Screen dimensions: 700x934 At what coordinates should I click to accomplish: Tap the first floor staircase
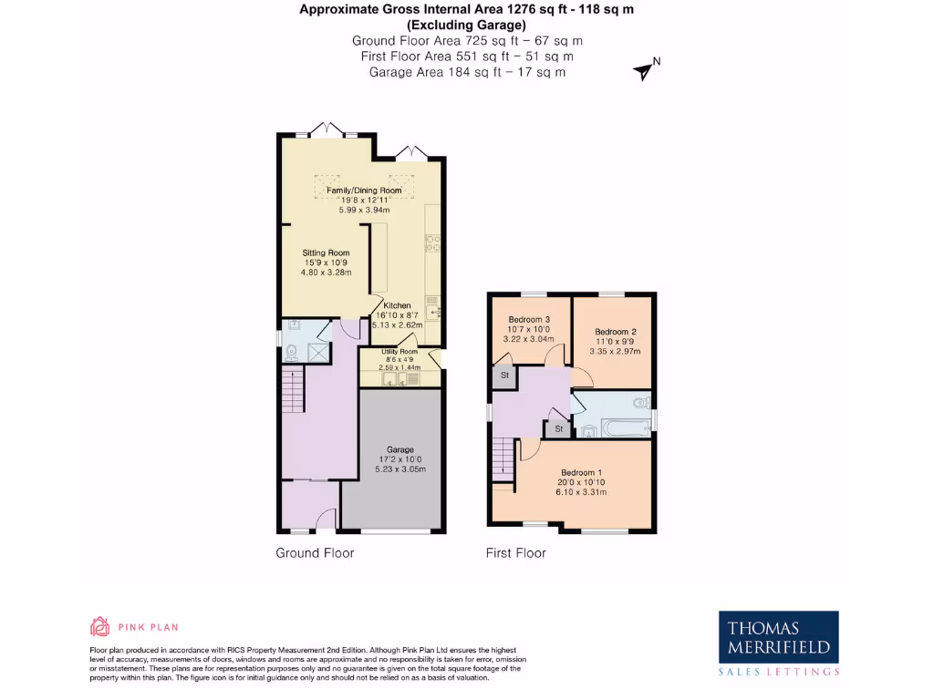pyautogui.click(x=502, y=457)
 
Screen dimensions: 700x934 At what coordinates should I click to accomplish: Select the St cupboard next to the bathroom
pyautogui.click(x=556, y=428)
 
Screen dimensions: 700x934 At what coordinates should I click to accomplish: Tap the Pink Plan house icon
pyautogui.click(x=99, y=626)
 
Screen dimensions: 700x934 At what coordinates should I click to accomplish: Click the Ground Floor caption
pyautogui.click(x=315, y=552)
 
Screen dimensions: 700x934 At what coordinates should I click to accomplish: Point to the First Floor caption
pyautogui.click(x=516, y=552)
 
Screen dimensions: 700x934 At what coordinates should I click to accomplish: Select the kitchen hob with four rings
pyautogui.click(x=431, y=242)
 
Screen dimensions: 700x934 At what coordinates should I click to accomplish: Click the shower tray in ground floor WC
pyautogui.click(x=319, y=352)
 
